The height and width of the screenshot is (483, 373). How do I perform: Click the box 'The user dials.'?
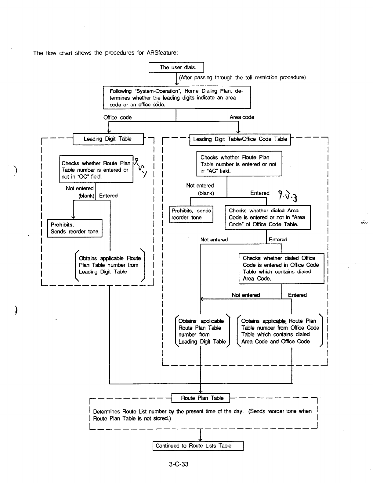pyautogui.click(x=176, y=67)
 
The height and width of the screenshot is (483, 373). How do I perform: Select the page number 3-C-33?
pyautogui.click(x=179, y=464)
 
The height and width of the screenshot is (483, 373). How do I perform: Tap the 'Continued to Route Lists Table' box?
pyautogui.click(x=198, y=446)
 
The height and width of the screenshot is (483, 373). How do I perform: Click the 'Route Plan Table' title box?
pyautogui.click(x=201, y=398)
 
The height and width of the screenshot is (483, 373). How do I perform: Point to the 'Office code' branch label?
pyautogui.click(x=118, y=117)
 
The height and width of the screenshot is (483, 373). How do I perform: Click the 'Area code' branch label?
pyautogui.click(x=242, y=117)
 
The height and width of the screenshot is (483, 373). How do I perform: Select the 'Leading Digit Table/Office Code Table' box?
pyautogui.click(x=240, y=139)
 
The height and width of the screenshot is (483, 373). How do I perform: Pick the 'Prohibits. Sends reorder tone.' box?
pyautogui.click(x=75, y=228)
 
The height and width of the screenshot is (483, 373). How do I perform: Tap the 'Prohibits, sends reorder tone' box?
pyautogui.click(x=191, y=214)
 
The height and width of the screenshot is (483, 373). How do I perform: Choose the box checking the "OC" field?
pyautogui.click(x=96, y=170)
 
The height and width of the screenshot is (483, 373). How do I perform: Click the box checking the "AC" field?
pyautogui.click(x=239, y=164)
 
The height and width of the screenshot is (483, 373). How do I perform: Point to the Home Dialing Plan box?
pyautogui.click(x=177, y=98)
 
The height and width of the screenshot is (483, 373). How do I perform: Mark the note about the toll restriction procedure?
pyautogui.click(x=242, y=77)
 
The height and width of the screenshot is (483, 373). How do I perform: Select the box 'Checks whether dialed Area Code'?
pyautogui.click(x=267, y=217)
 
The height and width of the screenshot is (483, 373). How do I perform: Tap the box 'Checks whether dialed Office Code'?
pyautogui.click(x=281, y=268)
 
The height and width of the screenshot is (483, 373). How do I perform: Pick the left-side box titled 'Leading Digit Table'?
pyautogui.click(x=108, y=139)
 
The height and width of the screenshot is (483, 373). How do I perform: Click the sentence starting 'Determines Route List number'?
pyautogui.click(x=202, y=415)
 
